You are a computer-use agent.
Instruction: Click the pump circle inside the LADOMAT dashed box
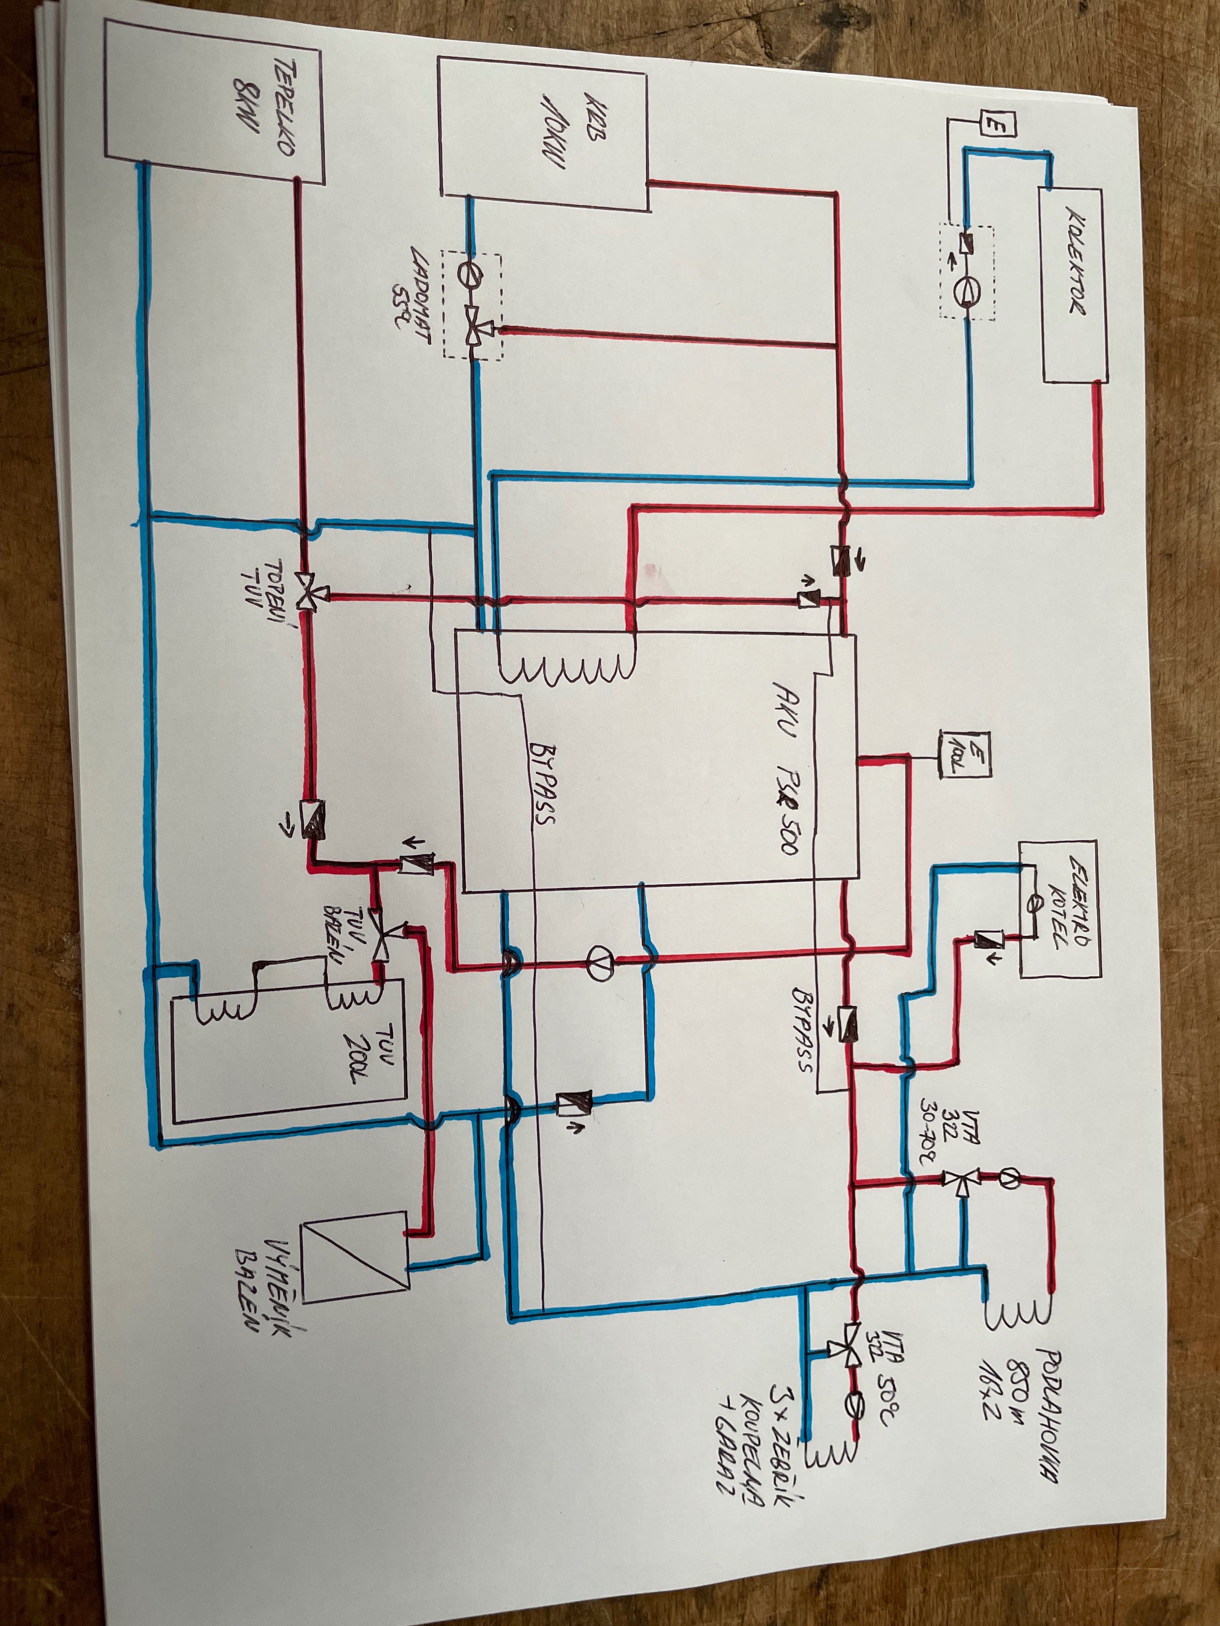[468, 273]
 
